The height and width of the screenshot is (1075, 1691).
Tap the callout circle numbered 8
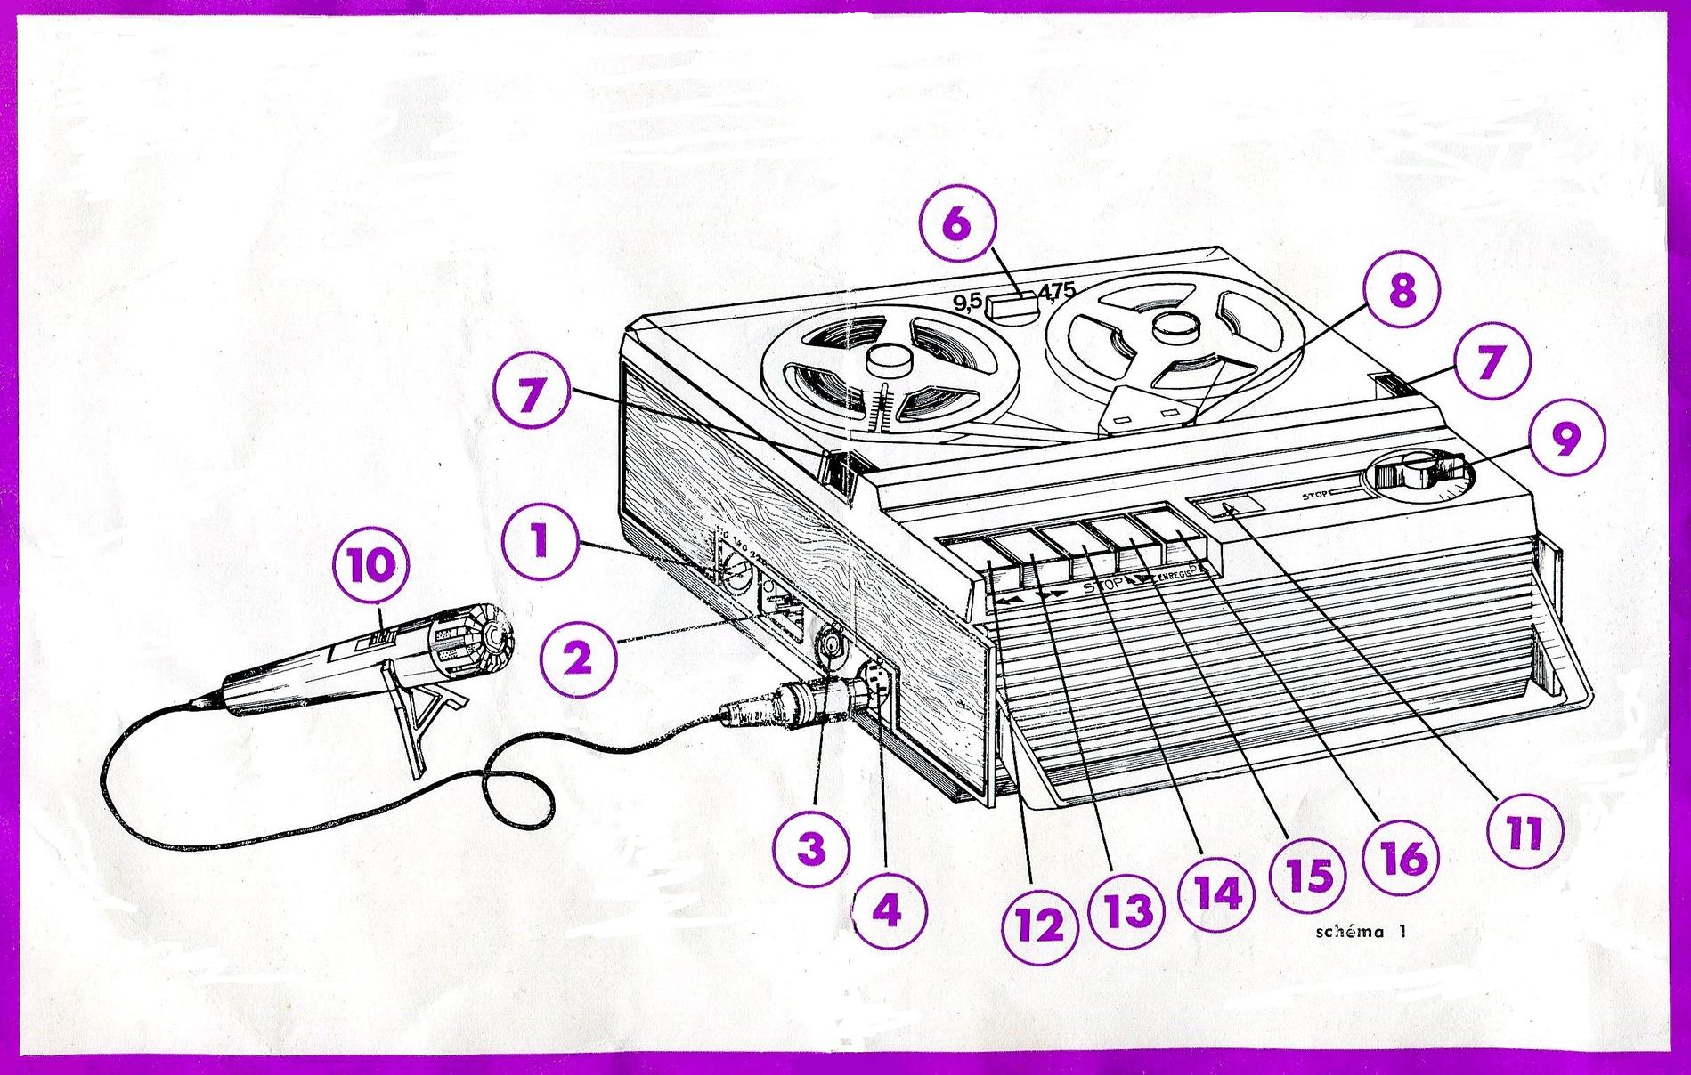[1401, 290]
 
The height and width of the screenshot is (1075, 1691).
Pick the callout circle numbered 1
[539, 542]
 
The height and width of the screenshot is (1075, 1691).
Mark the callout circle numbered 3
[810, 849]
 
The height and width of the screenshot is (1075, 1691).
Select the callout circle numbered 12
[1040, 925]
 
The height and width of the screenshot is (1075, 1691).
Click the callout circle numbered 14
[1216, 893]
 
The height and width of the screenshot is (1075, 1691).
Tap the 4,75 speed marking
[1057, 290]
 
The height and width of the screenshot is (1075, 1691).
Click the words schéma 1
[1360, 933]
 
